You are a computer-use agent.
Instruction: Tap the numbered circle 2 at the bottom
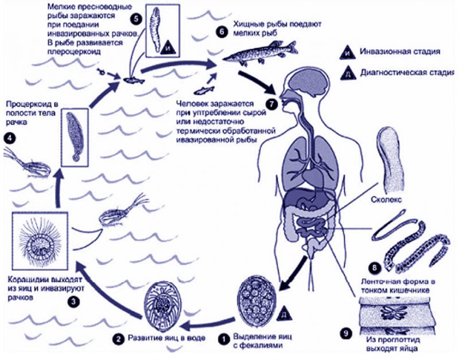point(119,339)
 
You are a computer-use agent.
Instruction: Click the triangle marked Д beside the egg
point(283,314)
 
